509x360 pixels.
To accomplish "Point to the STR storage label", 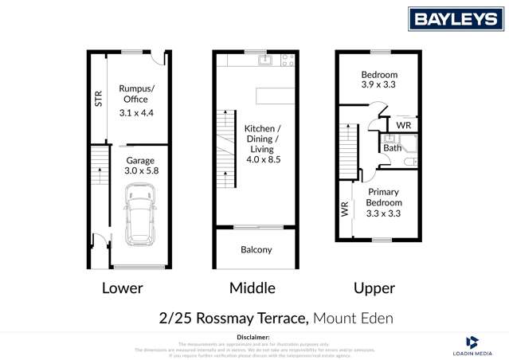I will tap(98, 99).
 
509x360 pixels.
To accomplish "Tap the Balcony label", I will tap(256, 249).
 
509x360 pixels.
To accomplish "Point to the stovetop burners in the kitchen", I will tap(288, 59).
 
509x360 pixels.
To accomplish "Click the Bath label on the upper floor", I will tap(392, 147).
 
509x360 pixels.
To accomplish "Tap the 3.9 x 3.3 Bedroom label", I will tap(378, 80).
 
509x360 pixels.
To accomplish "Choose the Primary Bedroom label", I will tap(384, 202).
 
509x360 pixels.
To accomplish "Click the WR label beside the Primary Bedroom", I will tap(344, 209).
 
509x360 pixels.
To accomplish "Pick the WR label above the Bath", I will tap(403, 126).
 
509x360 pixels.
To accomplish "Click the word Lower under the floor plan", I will tap(123, 288).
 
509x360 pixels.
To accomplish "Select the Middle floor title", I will tap(253, 288).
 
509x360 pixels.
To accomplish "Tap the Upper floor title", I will tap(374, 288).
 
